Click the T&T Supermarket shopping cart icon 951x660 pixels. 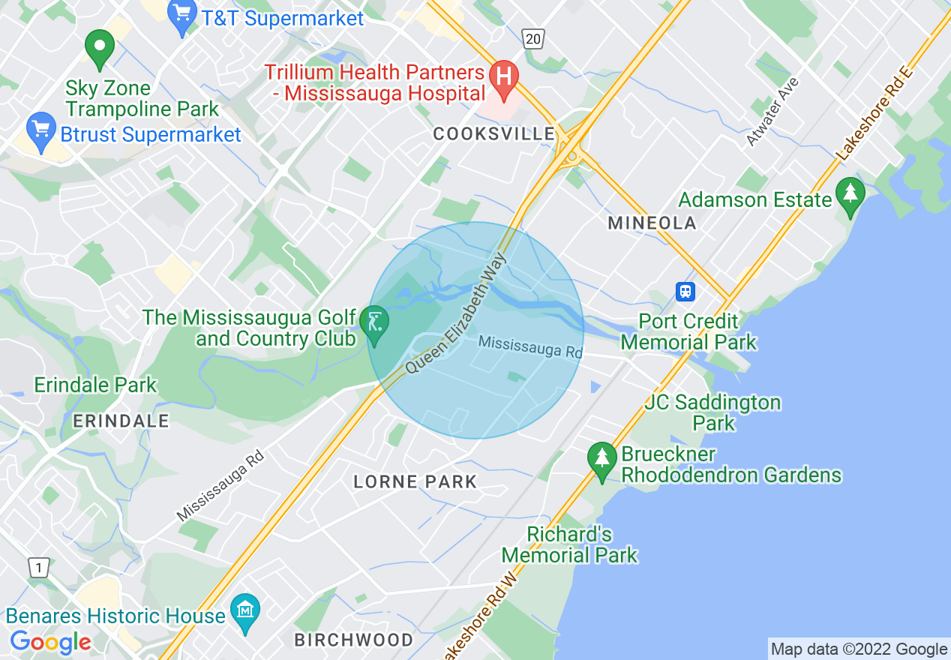coord(182,16)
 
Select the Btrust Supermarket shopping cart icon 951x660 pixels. coord(41,131)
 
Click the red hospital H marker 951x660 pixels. coord(504,78)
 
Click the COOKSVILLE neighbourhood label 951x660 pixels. coord(494,134)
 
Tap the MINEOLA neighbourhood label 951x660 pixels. coord(652,223)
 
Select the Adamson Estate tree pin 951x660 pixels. coord(850,196)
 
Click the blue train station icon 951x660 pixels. coord(685,292)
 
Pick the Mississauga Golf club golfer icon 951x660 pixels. coord(373,324)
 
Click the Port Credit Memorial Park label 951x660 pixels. coord(688,332)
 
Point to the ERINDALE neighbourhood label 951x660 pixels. coord(121,421)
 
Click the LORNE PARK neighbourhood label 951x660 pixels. coord(415,481)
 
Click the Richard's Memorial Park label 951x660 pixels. coord(569,545)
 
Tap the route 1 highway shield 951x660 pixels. coord(38,568)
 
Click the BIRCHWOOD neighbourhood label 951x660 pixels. coord(353,640)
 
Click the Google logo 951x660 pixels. coord(51,641)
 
